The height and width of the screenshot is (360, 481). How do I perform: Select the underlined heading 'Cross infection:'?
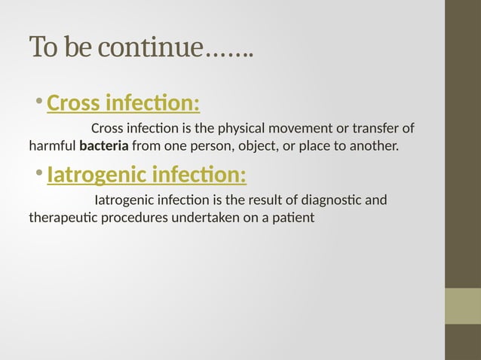tap(123, 102)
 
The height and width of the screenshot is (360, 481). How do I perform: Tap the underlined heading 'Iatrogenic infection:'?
tap(146, 175)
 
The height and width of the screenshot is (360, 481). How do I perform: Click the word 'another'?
tap(371, 145)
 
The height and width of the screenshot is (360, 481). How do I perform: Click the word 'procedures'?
tap(133, 218)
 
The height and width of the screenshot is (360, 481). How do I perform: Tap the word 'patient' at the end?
tap(294, 218)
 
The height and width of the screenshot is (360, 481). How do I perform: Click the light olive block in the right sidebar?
tap(462, 306)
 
